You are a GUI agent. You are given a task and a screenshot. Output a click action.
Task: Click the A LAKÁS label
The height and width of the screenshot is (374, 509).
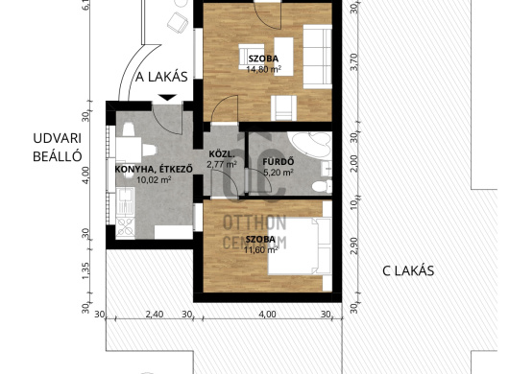click(161, 77)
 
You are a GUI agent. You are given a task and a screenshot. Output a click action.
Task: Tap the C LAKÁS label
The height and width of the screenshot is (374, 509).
click(408, 271)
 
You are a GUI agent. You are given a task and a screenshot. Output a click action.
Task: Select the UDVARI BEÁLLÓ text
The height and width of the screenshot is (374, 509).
click(57, 147)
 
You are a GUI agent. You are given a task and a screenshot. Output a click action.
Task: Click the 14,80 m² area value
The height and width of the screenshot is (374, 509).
click(263, 69)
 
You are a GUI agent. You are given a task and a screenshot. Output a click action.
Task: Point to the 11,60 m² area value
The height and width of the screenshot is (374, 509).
click(260, 249)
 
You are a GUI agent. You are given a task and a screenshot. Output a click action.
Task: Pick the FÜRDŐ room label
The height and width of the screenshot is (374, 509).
click(279, 161)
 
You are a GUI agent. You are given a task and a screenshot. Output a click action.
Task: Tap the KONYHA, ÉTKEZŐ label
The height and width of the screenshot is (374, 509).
click(154, 169)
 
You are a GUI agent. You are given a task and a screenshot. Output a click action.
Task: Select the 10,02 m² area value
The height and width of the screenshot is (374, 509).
click(154, 179)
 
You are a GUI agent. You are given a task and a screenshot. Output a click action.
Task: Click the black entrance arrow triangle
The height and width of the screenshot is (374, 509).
click(167, 97)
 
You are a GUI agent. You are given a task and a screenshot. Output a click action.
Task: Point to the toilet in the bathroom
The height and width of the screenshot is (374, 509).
click(322, 186)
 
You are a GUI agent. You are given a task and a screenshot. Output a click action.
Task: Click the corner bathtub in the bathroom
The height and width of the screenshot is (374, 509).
click(311, 144)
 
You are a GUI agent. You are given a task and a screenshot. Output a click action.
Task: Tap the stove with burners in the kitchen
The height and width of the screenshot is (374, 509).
click(125, 227)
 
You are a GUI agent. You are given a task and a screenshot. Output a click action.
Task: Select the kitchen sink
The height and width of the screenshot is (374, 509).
click(125, 201)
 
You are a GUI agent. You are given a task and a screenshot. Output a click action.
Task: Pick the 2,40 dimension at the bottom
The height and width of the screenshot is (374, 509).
click(155, 315)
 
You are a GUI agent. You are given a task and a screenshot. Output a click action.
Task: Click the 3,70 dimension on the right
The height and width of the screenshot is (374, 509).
click(354, 61)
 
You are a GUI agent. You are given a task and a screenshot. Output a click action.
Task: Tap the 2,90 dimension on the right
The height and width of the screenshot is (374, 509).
click(354, 246)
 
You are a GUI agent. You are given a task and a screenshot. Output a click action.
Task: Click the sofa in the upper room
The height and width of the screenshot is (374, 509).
click(318, 57)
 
